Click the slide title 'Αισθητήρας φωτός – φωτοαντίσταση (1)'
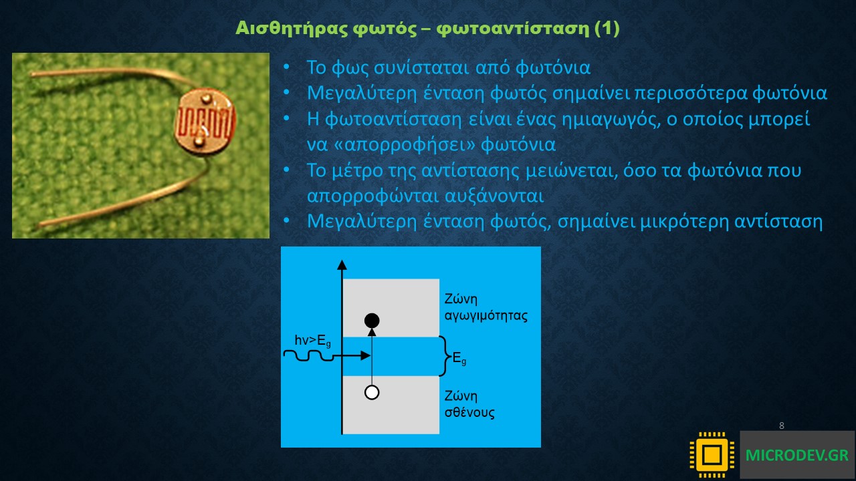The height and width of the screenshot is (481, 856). (x=427, y=28)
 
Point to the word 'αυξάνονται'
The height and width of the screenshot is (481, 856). (x=494, y=196)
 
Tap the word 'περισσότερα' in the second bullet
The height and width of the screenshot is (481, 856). (x=691, y=94)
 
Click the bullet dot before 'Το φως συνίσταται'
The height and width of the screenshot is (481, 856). (x=287, y=67)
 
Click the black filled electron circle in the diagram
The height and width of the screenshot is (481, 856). (x=372, y=321)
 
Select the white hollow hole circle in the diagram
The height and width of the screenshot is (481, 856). (x=372, y=392)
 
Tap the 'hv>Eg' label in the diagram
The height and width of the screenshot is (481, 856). (x=312, y=341)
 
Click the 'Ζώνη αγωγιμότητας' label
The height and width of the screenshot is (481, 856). (x=486, y=307)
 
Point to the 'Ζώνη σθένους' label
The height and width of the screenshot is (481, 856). (x=469, y=404)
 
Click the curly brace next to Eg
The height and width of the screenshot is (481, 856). (x=445, y=356)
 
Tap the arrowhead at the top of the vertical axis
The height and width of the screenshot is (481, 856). (x=342, y=265)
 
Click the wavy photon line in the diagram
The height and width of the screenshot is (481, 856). (x=308, y=356)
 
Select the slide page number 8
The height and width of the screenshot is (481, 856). (x=782, y=426)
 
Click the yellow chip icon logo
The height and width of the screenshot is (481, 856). (x=712, y=455)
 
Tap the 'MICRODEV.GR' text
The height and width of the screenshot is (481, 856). (x=797, y=455)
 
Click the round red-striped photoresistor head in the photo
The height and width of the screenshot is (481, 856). (x=205, y=122)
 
